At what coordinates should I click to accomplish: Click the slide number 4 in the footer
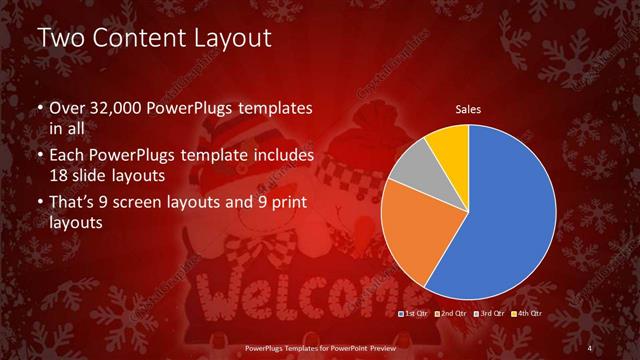coord(591,347)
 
